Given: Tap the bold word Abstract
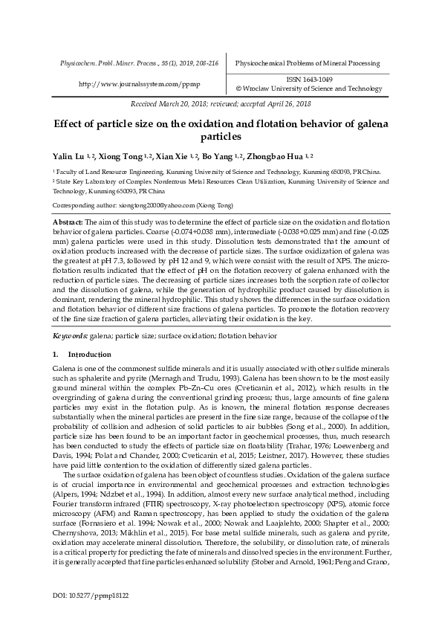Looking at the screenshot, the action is click(x=68, y=222).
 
